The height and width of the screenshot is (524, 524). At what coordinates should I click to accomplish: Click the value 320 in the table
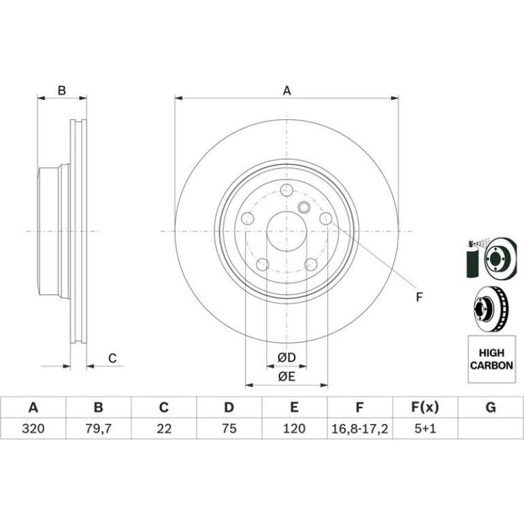tap(33, 429)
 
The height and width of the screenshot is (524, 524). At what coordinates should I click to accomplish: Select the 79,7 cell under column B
tap(98, 429)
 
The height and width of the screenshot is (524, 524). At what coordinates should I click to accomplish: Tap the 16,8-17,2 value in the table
tap(359, 429)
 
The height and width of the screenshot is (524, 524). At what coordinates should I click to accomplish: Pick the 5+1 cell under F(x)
tap(425, 429)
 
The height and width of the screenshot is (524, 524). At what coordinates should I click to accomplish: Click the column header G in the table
tap(491, 408)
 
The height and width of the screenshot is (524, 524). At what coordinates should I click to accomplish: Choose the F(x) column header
tap(425, 408)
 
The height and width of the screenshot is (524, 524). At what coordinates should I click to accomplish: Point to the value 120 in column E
tap(294, 429)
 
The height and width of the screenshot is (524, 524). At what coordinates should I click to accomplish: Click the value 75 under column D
tap(229, 429)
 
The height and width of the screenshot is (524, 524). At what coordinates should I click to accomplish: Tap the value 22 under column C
tap(164, 429)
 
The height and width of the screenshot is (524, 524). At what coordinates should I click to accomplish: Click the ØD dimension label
tap(286, 358)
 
